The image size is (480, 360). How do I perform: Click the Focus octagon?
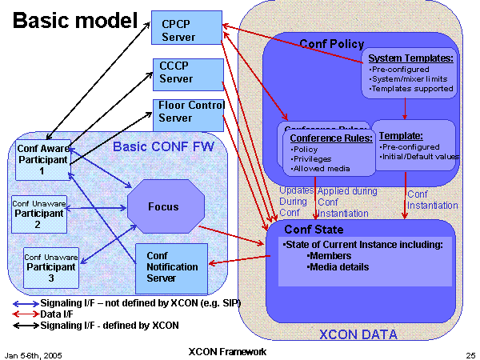[x=162, y=206]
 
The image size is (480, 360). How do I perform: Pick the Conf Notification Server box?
[x=170, y=266]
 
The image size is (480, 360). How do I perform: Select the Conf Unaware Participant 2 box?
[x=38, y=213]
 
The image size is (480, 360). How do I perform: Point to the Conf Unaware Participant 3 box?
[x=50, y=267]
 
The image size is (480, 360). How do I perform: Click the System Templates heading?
[x=411, y=58]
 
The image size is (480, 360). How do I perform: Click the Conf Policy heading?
[x=331, y=44]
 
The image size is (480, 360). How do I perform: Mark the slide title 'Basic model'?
[x=74, y=20]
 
